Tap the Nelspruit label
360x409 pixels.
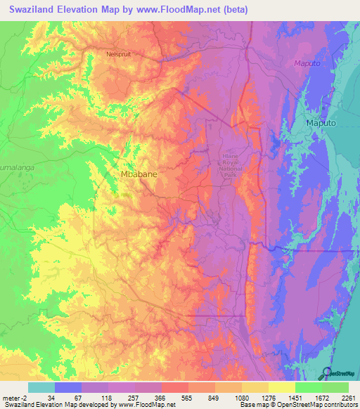point(118,53)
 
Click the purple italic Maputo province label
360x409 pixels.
point(307,64)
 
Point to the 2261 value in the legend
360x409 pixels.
point(348,397)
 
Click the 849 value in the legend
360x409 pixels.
point(214,397)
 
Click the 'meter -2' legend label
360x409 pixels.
point(15,397)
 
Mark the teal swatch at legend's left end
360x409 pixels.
point(41,387)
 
